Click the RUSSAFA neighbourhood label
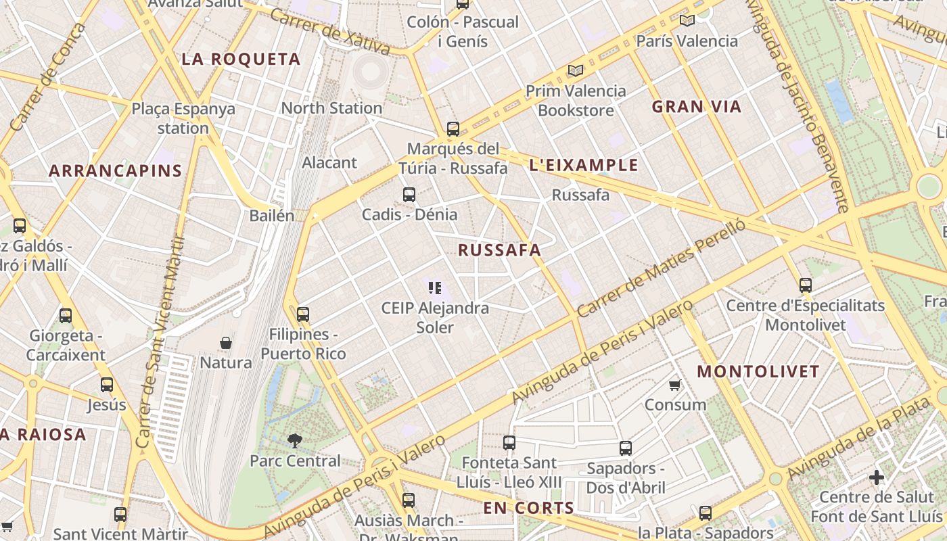tap(500, 250)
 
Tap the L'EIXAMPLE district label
tap(584, 165)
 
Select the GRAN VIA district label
tap(697, 107)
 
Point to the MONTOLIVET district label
tap(758, 371)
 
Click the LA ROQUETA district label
tap(241, 60)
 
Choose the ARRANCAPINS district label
tap(116, 171)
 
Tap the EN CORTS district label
tap(528, 508)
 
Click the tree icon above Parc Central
tap(294, 441)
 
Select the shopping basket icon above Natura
tap(226, 343)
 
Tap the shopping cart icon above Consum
tap(674, 385)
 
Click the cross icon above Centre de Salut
tap(877, 477)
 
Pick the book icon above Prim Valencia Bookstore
tap(576, 70)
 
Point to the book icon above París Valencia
tap(687, 21)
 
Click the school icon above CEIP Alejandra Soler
tap(435, 288)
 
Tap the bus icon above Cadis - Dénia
tap(409, 195)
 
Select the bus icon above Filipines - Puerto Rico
tap(303, 314)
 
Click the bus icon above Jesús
tap(107, 385)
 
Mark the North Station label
tap(331, 108)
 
